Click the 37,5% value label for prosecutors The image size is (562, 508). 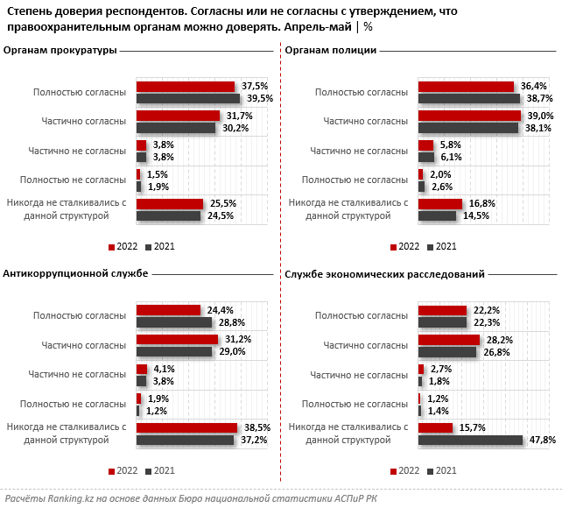[256, 86]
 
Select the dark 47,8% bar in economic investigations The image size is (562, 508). [470, 440]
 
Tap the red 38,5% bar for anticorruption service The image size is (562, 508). [186, 427]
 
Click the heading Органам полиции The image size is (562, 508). [331, 50]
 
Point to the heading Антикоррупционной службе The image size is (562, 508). [74, 274]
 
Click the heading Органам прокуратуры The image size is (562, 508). [60, 50]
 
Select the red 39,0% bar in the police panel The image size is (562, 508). [469, 116]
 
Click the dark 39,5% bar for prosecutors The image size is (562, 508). [188, 98]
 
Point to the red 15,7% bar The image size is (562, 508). [435, 427]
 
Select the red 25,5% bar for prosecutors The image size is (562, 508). [170, 203]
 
